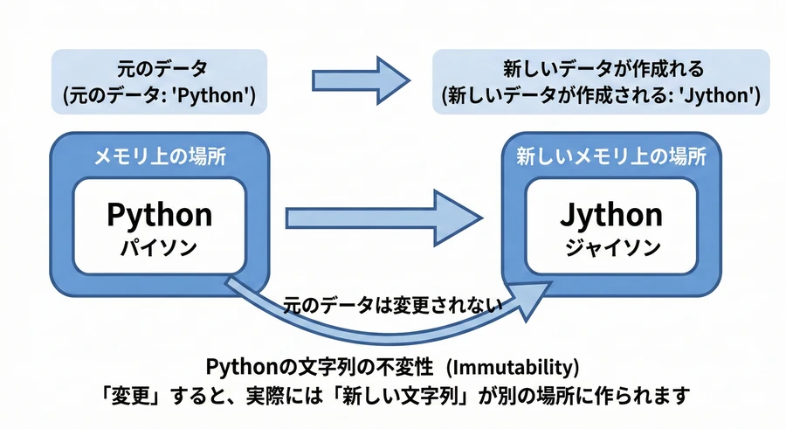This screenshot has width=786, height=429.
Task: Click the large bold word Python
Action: point(159,214)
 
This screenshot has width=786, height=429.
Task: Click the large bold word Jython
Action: point(610,214)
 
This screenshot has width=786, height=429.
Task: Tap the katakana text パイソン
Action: point(159,246)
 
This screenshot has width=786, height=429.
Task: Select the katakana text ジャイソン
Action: point(610,246)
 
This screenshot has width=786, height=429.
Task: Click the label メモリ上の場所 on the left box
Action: point(159,157)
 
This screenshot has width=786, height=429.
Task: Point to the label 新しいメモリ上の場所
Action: point(610,157)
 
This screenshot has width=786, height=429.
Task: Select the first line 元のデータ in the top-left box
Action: point(159,68)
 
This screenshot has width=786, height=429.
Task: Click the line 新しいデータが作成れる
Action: point(603,68)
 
